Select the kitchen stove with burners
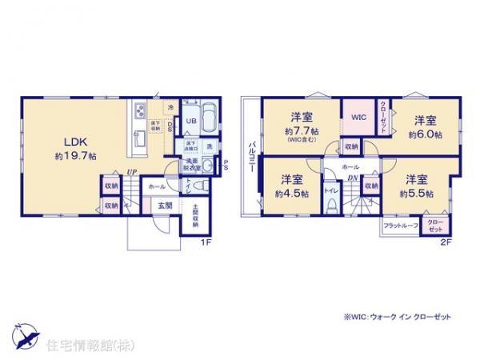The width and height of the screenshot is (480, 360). [139, 110]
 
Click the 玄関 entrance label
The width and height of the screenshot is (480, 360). [163, 206]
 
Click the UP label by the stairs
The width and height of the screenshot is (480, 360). [129, 171]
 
